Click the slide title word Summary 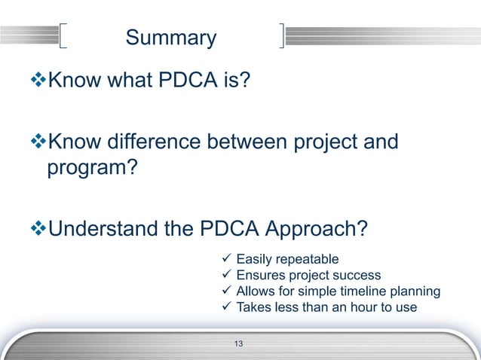[x=170, y=38]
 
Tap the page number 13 [x=239, y=344]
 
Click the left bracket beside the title [x=63, y=36]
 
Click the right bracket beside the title [x=281, y=36]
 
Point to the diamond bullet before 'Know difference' [x=41, y=142]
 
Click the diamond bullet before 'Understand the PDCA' [x=41, y=227]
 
